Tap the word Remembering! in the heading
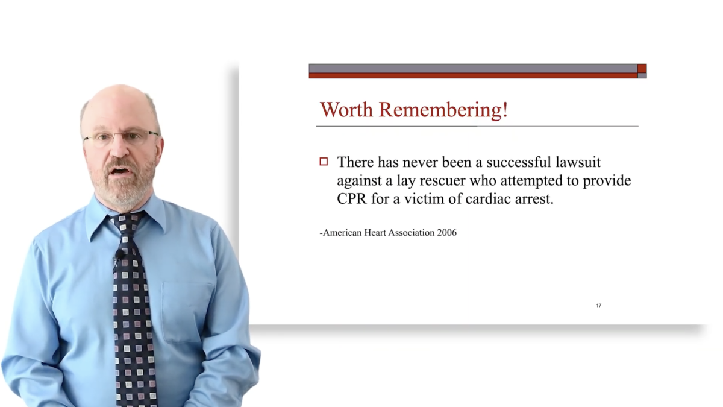[x=443, y=110]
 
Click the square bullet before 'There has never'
[x=324, y=162]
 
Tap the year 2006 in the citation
[x=446, y=233]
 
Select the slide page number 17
[x=599, y=306]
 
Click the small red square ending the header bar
[x=642, y=69]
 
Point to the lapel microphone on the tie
[x=119, y=255]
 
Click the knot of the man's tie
[x=128, y=223]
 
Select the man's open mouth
[x=120, y=170]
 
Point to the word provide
[x=607, y=181]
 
